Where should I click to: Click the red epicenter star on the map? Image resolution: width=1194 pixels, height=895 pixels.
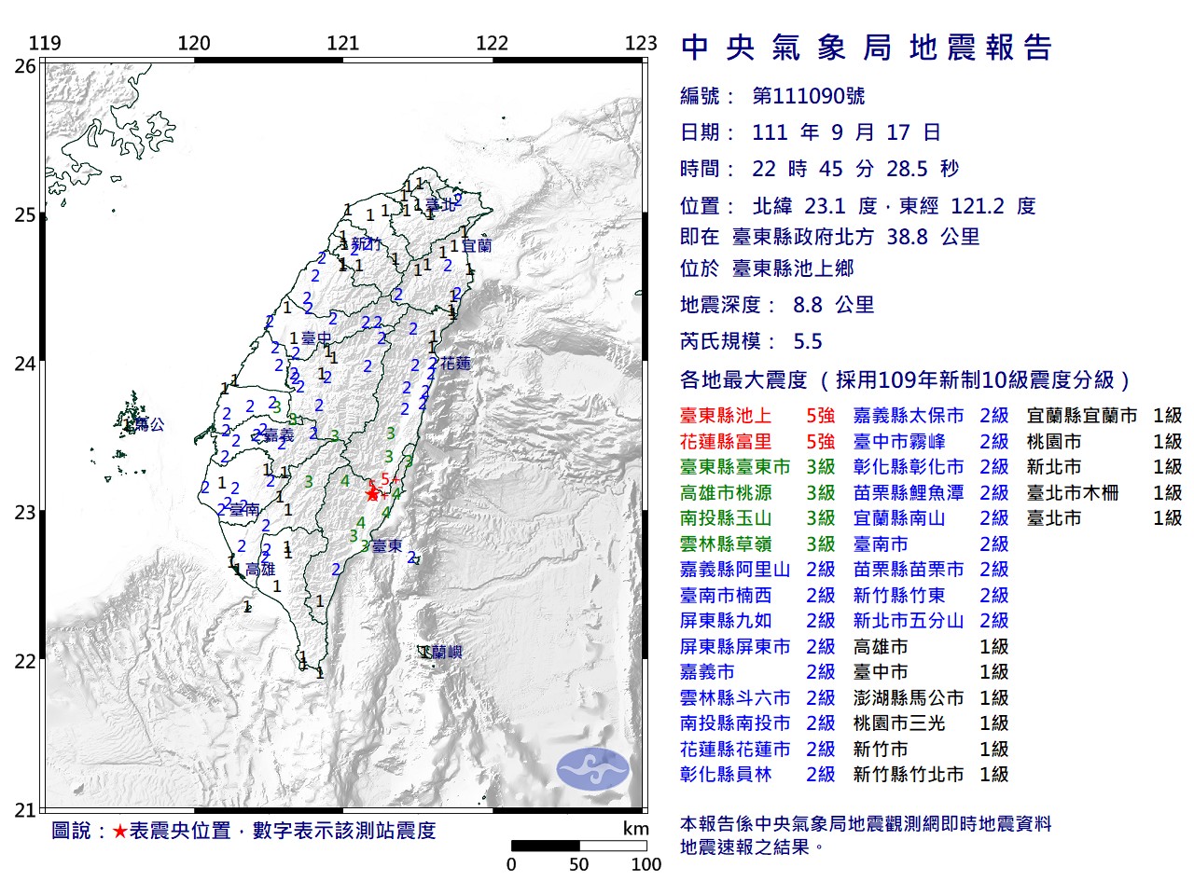click(373, 494)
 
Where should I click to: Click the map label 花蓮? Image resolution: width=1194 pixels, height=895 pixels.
click(455, 364)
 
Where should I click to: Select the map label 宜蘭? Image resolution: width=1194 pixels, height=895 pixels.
click(477, 246)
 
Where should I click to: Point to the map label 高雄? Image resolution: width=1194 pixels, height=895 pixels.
click(260, 570)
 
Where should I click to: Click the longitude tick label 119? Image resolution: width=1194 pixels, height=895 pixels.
click(45, 43)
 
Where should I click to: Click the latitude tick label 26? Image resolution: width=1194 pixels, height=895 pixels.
click(25, 66)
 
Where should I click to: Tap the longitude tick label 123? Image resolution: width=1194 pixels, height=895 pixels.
click(641, 43)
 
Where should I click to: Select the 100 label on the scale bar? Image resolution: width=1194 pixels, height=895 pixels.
click(646, 864)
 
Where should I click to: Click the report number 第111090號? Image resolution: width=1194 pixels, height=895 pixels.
click(808, 96)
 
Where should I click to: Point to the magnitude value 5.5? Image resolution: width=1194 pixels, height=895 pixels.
click(808, 341)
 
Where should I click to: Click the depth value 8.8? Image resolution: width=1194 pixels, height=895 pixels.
click(808, 305)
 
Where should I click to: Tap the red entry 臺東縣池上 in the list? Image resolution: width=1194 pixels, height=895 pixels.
click(726, 416)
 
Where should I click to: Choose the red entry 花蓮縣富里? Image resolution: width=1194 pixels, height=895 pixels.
click(726, 442)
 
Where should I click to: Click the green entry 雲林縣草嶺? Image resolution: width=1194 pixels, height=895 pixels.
click(726, 544)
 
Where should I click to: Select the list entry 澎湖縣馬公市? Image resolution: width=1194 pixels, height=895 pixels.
click(909, 698)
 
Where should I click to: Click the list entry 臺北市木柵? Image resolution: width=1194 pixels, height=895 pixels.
click(1073, 493)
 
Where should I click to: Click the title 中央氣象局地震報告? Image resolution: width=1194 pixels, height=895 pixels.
click(867, 48)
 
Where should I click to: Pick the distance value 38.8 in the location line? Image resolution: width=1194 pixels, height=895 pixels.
click(907, 237)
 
